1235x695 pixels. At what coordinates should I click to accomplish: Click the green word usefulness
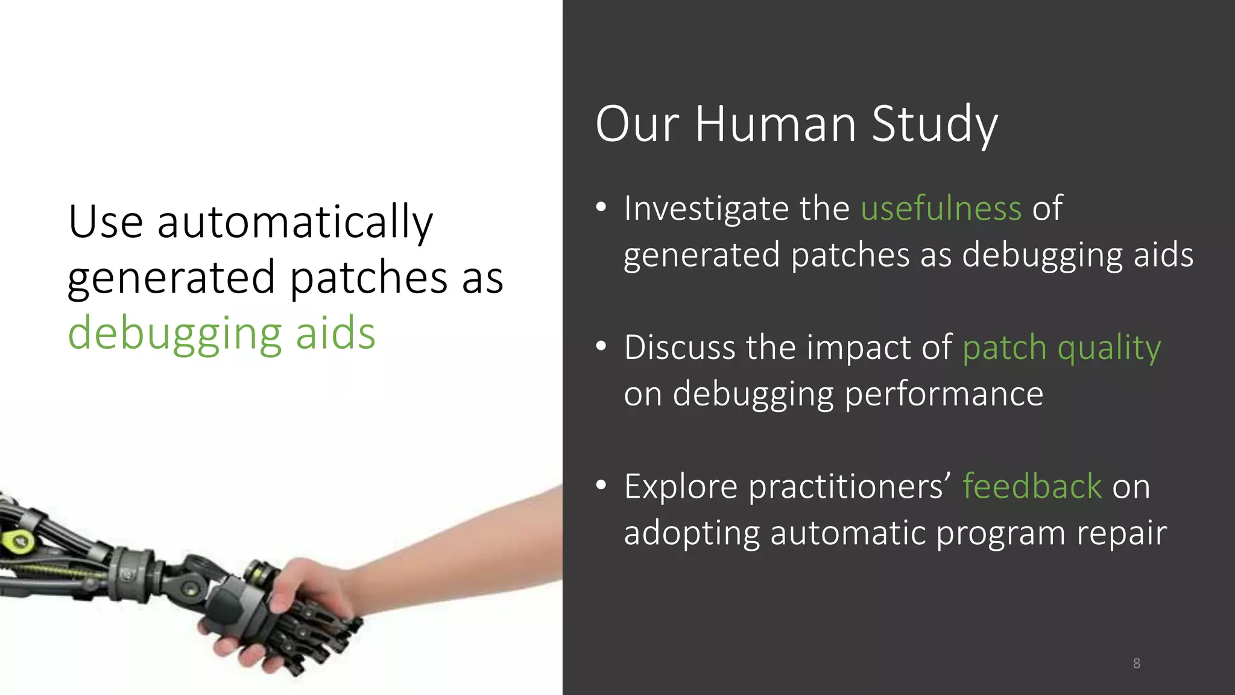coord(941,209)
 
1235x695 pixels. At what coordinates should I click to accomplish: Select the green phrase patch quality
coord(1061,348)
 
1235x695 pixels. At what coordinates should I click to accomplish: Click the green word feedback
coord(1032,486)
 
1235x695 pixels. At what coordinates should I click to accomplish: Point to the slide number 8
coord(1136,664)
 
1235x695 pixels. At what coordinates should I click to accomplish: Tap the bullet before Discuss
coord(601,347)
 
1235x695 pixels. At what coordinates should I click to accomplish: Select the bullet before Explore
coord(601,486)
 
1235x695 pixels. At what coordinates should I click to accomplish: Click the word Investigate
coord(706,209)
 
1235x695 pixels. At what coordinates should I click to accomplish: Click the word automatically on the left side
coord(295,222)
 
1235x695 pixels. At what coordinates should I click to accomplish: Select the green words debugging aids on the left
coord(221,333)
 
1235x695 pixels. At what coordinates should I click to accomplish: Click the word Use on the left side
coord(106,222)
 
